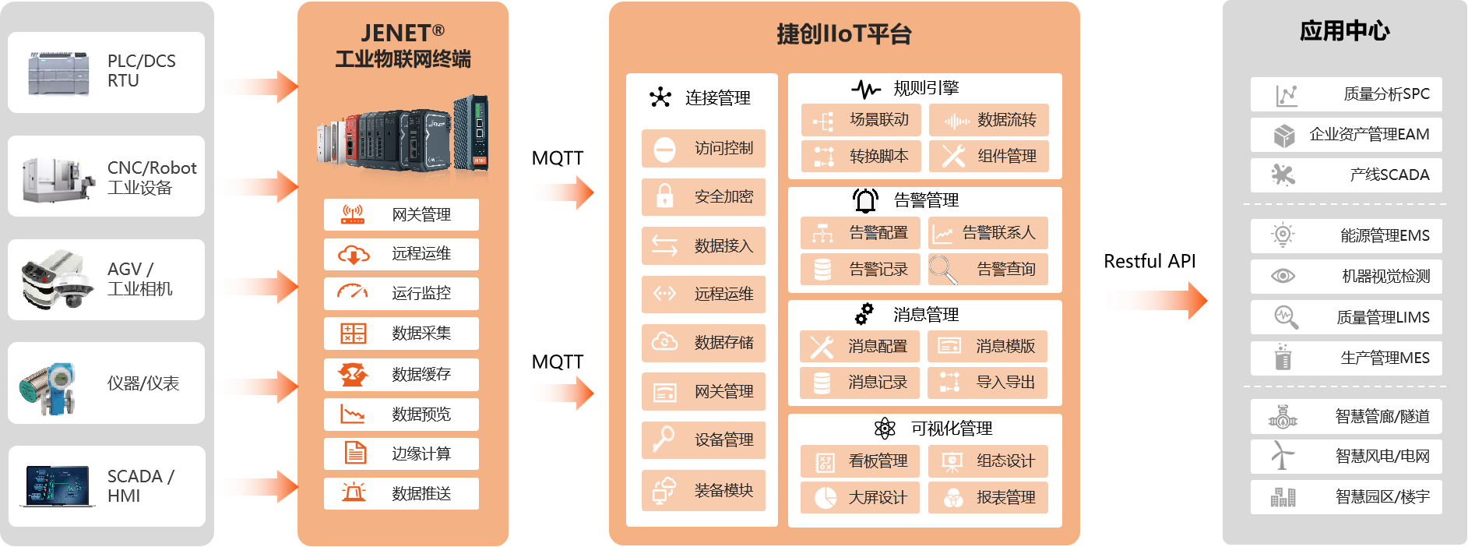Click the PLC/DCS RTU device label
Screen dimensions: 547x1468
pos(141,71)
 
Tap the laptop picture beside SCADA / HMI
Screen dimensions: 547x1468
pos(56,486)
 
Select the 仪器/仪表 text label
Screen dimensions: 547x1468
pos(143,383)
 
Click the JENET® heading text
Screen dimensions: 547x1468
pos(403,34)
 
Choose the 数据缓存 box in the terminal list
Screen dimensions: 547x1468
pos(401,374)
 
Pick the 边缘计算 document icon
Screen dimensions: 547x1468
pos(355,453)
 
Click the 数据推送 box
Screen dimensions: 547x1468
pos(401,493)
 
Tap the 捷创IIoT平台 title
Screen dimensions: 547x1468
pos(843,34)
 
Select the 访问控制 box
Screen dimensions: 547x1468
pos(703,148)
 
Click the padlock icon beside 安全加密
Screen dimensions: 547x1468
pos(664,196)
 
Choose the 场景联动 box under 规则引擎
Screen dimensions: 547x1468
pos(861,120)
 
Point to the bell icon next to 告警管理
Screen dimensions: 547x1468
pos(865,200)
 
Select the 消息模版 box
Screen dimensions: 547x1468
pos(987,346)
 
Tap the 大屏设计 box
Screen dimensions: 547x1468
pos(860,497)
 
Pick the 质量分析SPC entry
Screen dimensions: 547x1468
pos(1346,94)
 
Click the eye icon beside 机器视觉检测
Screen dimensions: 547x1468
pos(1283,276)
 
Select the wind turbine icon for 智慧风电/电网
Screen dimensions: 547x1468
pos(1282,456)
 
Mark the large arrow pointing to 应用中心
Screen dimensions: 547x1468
pos(1153,300)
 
